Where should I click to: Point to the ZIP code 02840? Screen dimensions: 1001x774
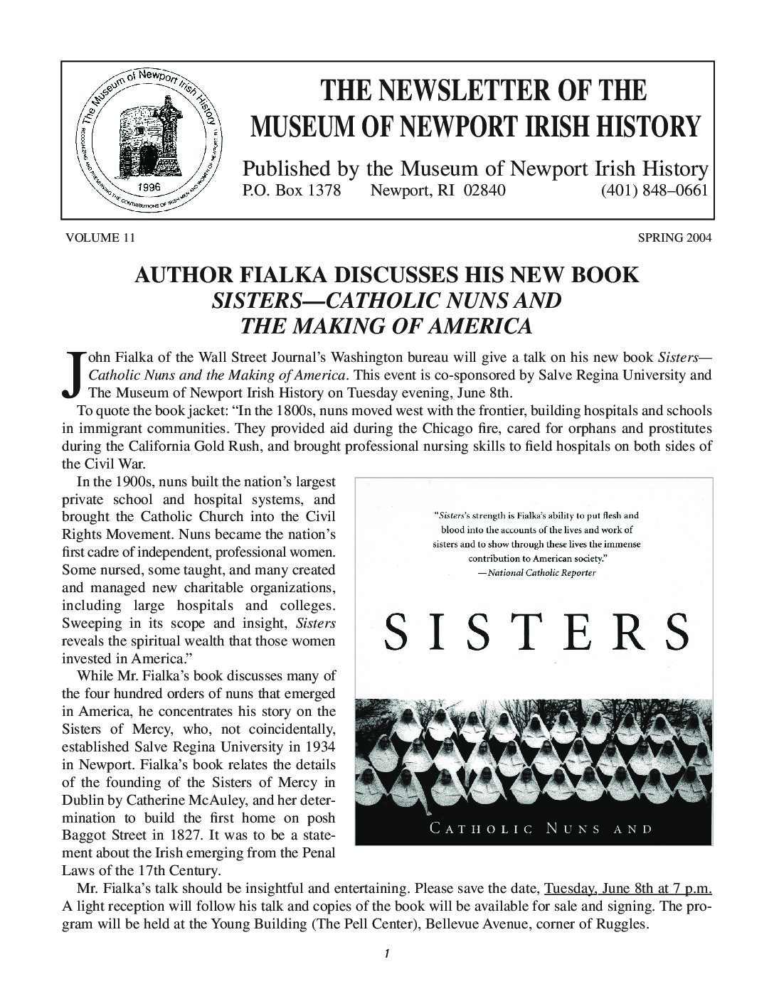(x=484, y=191)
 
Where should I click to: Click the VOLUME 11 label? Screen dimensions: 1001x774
(x=100, y=237)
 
